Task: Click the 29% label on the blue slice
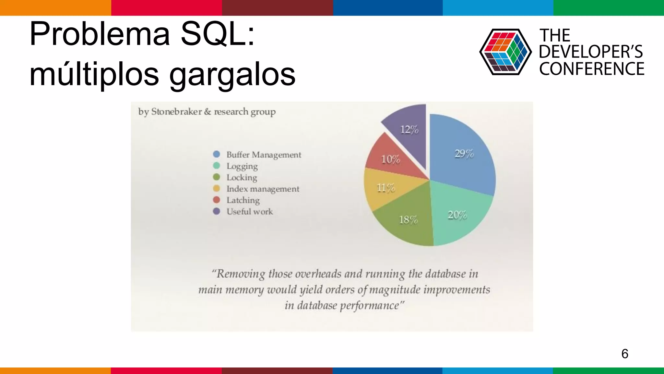tap(464, 154)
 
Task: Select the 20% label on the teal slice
tap(457, 215)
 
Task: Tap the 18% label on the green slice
tap(408, 220)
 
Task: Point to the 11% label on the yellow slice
tap(386, 188)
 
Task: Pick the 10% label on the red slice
tap(390, 159)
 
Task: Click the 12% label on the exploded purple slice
tap(409, 130)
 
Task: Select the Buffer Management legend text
tap(264, 155)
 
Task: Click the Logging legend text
tap(242, 166)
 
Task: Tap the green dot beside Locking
tap(217, 177)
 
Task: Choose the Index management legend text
tap(263, 189)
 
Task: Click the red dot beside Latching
tap(217, 200)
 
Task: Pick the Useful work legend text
tap(249, 212)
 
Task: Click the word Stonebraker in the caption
tap(176, 112)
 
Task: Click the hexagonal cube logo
tap(505, 52)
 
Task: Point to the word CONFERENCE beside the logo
tap(592, 69)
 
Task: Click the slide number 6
tap(625, 354)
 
